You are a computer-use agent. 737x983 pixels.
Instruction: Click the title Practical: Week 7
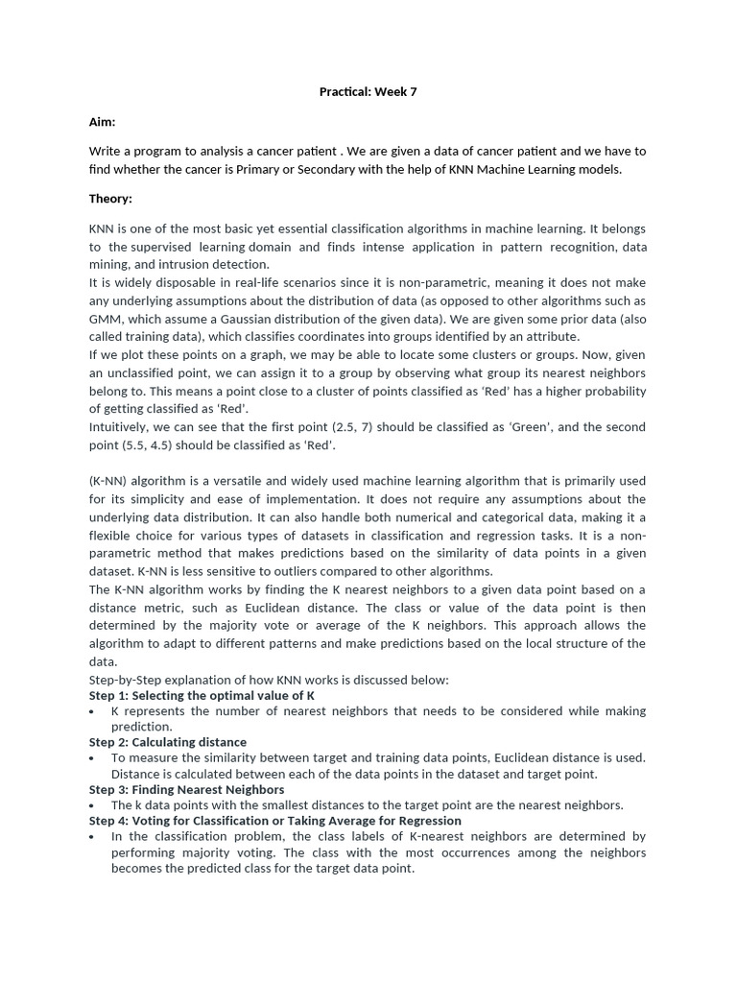368,92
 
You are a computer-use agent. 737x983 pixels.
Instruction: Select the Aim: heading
103,122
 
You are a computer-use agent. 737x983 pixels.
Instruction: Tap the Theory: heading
110,199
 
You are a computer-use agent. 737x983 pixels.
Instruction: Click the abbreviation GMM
105,319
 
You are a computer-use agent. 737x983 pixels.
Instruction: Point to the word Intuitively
123,427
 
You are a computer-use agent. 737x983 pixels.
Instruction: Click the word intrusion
186,265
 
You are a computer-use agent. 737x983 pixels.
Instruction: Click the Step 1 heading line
202,695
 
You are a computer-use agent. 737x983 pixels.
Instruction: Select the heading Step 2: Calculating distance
168,742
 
